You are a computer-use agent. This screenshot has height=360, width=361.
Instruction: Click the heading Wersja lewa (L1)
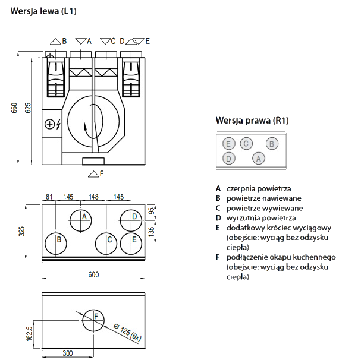click(x=43, y=11)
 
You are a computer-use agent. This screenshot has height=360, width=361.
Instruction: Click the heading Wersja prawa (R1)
click(x=252, y=121)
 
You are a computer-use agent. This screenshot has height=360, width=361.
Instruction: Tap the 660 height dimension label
click(x=14, y=108)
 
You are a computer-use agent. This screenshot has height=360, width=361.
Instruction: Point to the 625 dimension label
click(x=27, y=108)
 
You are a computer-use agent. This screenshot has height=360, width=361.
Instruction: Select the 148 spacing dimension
click(x=93, y=197)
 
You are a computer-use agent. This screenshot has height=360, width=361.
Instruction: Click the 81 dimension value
click(x=49, y=197)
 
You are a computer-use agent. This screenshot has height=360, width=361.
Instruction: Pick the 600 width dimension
click(x=93, y=274)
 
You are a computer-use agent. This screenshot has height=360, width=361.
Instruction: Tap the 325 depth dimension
click(x=21, y=232)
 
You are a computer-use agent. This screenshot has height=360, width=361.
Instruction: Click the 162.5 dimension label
click(x=29, y=333)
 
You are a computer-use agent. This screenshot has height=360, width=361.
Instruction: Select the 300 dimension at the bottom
click(x=67, y=353)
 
